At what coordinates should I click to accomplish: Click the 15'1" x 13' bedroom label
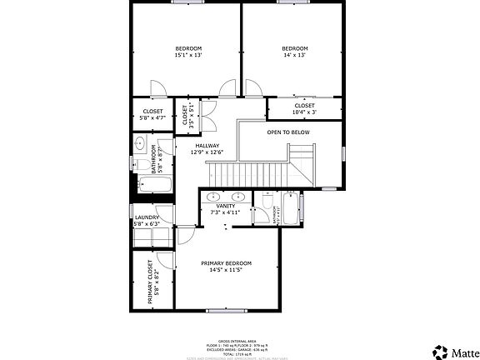(x=187, y=52)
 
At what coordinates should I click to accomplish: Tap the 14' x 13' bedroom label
(x=294, y=52)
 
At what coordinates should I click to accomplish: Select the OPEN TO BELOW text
(x=288, y=132)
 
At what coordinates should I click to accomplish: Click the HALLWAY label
(x=207, y=148)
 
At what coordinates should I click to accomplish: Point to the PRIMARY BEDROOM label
(x=226, y=267)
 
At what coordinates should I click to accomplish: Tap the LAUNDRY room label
(x=147, y=220)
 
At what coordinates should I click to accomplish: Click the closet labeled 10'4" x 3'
(x=304, y=109)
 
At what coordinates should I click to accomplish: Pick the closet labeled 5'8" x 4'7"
(x=152, y=114)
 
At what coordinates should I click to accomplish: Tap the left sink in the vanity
(x=211, y=197)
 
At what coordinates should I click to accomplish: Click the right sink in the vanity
(x=239, y=197)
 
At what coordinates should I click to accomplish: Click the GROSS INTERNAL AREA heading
(x=235, y=342)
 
